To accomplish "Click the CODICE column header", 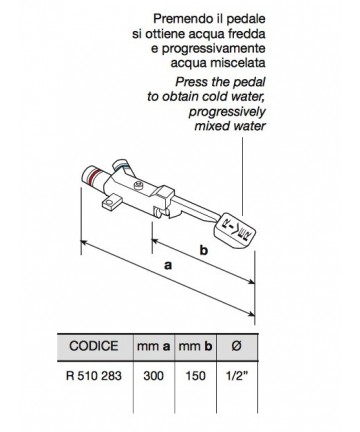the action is [94, 346].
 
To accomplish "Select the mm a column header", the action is [154, 346].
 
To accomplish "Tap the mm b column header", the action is [195, 346].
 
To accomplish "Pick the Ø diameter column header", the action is [236, 346].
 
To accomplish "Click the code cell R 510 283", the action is [94, 376].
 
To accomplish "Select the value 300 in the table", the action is [154, 376].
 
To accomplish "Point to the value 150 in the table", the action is [195, 376].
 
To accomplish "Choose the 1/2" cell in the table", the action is [237, 376].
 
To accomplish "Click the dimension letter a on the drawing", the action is [168, 265].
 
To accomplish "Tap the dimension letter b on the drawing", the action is [204, 250].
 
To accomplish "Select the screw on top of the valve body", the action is [139, 185].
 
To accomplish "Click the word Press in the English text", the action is [191, 82].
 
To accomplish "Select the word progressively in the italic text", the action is [227, 112].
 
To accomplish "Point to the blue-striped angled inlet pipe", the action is [124, 167].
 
